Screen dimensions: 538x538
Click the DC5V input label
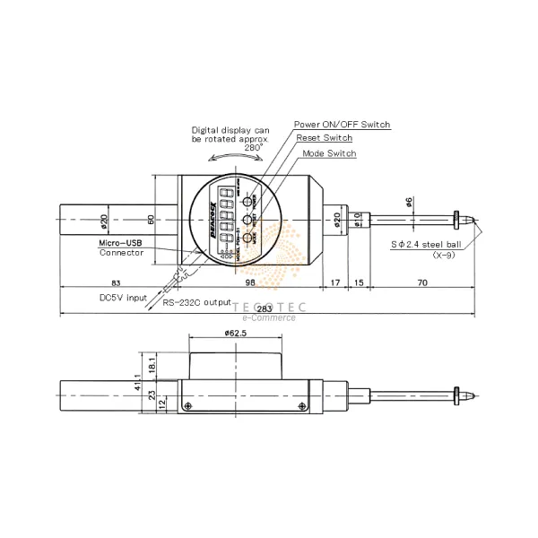[x=122, y=298]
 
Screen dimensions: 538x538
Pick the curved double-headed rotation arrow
[x=236, y=157]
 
